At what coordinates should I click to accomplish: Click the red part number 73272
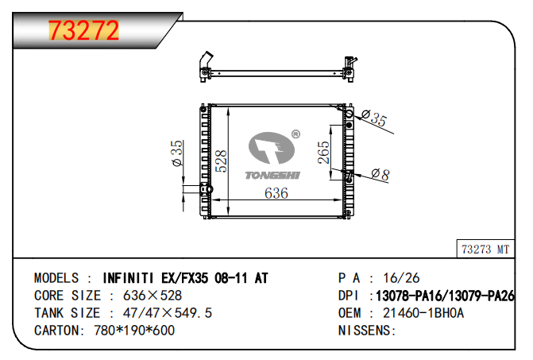[84, 30]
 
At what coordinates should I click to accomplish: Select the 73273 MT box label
[485, 249]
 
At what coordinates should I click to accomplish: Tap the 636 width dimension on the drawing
[276, 193]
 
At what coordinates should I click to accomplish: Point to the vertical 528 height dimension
[223, 161]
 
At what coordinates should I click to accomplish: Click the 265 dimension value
[324, 153]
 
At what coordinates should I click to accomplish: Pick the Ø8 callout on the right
[380, 175]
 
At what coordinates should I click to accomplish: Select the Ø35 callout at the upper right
[373, 120]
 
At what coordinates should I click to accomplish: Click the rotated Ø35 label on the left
[177, 153]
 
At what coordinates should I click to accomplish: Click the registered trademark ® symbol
[295, 134]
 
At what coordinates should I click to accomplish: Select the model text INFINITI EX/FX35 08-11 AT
[186, 278]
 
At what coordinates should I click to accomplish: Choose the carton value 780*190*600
[130, 331]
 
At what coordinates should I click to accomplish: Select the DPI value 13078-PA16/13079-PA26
[446, 296]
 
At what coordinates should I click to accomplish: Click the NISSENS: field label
[368, 331]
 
